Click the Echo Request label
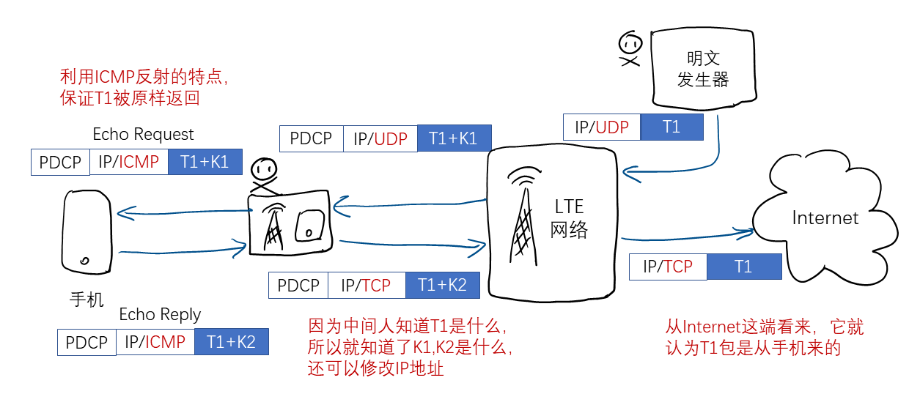coord(143,134)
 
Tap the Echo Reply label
coord(160,314)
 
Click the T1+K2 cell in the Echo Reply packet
coord(231,342)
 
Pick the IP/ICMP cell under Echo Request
coord(129,162)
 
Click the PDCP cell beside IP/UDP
coord(312,138)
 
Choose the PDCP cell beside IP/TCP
coord(298,285)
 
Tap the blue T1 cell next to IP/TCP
coord(743,267)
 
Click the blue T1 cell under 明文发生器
coord(671,127)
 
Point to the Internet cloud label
coord(825,218)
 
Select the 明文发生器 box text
coord(703,69)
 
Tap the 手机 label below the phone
coord(87,300)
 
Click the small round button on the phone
coord(85,261)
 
